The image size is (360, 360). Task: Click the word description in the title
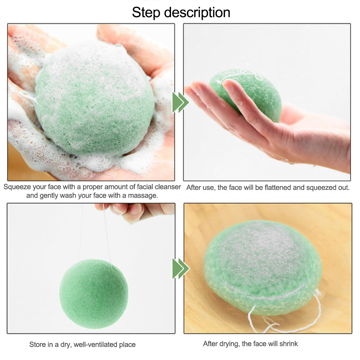[197, 12]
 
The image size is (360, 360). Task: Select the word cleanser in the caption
[168, 187]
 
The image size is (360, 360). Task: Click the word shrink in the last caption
[289, 343]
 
